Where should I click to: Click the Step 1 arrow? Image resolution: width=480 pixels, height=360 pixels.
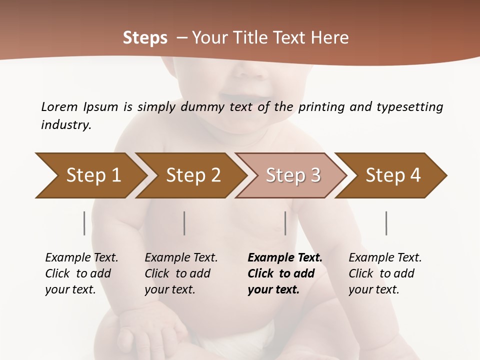tap(90, 175)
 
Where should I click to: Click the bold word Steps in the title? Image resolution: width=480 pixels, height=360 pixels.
tap(145, 38)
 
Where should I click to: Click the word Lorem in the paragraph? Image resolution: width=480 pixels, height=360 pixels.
tap(59, 106)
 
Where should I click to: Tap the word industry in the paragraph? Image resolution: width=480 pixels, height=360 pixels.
tap(65, 125)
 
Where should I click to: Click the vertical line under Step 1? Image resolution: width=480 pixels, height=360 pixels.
tap(84, 223)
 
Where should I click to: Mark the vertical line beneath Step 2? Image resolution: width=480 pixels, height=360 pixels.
tap(184, 223)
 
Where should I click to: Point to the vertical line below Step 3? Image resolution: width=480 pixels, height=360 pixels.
tap(285, 223)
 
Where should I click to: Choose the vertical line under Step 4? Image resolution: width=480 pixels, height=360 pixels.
tap(386, 223)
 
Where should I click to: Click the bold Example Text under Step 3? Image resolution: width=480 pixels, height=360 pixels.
tap(285, 258)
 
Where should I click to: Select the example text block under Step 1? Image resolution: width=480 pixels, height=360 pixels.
tap(81, 273)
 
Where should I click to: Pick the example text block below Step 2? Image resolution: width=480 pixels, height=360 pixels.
tap(181, 273)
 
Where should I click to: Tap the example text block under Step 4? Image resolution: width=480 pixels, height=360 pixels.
tap(385, 273)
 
